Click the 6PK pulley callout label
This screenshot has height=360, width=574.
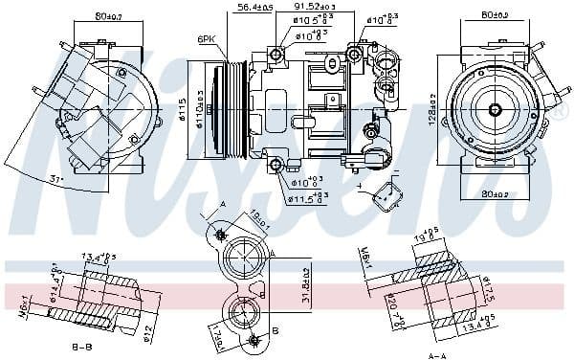[206, 39]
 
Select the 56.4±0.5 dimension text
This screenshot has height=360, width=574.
[254, 8]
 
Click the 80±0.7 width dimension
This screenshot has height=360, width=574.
[93, 14]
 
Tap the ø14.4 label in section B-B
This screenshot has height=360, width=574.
[55, 285]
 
